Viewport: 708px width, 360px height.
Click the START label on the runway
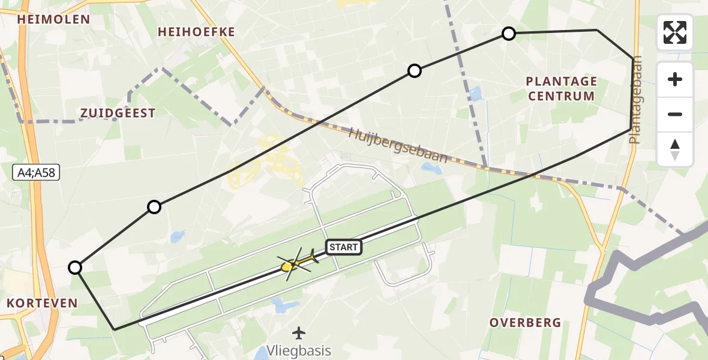344,247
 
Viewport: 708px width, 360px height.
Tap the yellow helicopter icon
296,263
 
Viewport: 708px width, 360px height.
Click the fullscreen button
675,32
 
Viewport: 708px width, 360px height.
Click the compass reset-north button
675,149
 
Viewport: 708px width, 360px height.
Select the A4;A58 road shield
35,173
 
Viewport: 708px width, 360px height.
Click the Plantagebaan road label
636,100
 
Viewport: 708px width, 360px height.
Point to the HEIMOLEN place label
54,19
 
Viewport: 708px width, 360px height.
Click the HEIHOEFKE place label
196,32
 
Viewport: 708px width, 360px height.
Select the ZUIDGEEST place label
118,113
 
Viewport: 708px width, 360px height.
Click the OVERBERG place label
525,323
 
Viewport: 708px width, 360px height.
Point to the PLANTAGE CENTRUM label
561,88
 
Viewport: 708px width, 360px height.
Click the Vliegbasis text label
299,350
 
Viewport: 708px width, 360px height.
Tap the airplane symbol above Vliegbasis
299,332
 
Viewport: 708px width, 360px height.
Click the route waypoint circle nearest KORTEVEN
75,268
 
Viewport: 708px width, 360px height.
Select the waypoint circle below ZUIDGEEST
154,207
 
